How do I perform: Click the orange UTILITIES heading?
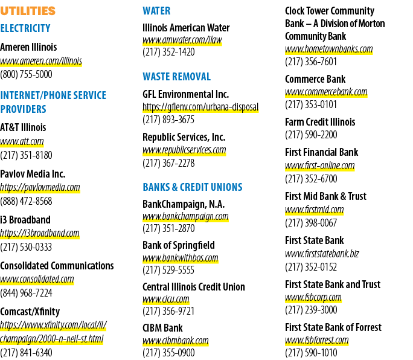[28, 11]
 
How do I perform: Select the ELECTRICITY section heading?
[25, 28]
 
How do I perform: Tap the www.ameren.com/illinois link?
[41, 61]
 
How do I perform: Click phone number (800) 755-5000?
[26, 74]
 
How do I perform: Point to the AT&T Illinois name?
[23, 127]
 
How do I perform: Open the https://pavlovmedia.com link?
[40, 187]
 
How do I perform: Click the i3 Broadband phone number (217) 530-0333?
[26, 247]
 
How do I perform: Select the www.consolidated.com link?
[37, 279]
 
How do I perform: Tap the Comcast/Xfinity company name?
[30, 312]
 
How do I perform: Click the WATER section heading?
[156, 11]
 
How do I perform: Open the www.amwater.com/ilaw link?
[182, 40]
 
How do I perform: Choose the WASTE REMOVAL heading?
[177, 77]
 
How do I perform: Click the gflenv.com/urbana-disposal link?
[200, 108]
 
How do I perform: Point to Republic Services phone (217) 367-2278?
[168, 163]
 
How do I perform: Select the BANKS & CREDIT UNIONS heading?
[193, 187]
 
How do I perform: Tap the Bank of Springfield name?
[179, 245]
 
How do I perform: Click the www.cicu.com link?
[166, 300]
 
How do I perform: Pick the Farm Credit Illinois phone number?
[311, 135]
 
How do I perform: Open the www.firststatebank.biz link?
[322, 254]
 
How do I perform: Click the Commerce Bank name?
[315, 79]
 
